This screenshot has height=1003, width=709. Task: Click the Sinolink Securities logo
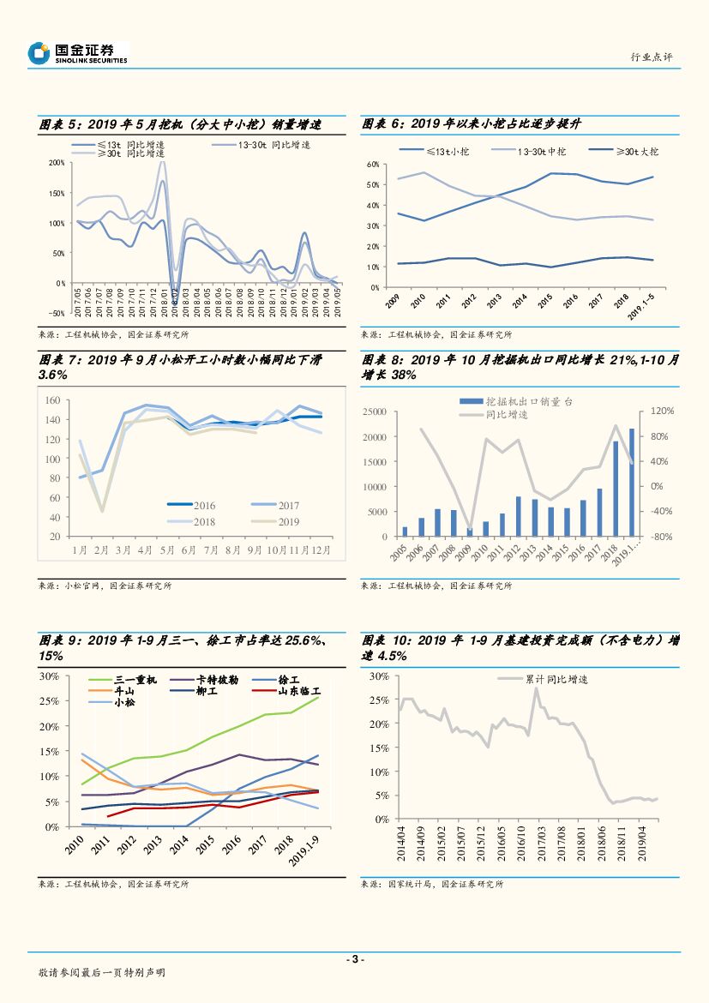pyautogui.click(x=77, y=53)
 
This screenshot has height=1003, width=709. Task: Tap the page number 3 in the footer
pyautogui.click(x=355, y=959)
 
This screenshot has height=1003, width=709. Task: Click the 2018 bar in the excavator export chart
pyautogui.click(x=616, y=488)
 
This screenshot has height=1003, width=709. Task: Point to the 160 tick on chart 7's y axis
pyautogui.click(x=51, y=400)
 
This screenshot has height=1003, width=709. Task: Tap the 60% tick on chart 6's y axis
pyautogui.click(x=373, y=164)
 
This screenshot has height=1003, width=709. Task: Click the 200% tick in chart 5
pyautogui.click(x=57, y=162)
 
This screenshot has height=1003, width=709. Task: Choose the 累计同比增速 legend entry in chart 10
pyautogui.click(x=557, y=679)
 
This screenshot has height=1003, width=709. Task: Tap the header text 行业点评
pyautogui.click(x=652, y=57)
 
